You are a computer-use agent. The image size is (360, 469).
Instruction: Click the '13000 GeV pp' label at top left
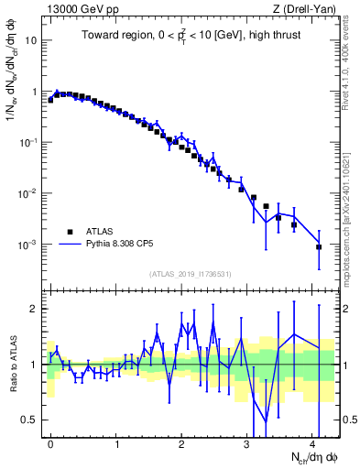coord(79,8)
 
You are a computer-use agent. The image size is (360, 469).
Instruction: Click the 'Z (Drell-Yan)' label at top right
coord(307,8)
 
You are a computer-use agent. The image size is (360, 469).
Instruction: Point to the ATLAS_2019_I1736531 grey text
coord(191,274)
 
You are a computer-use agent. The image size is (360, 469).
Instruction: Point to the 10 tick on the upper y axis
coord(31,41)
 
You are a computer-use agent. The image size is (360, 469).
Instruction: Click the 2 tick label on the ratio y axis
coord(35,309)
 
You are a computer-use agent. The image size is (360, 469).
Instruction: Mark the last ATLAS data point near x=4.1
coord(319,247)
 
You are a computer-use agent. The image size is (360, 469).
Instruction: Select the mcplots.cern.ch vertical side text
coord(349,220)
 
